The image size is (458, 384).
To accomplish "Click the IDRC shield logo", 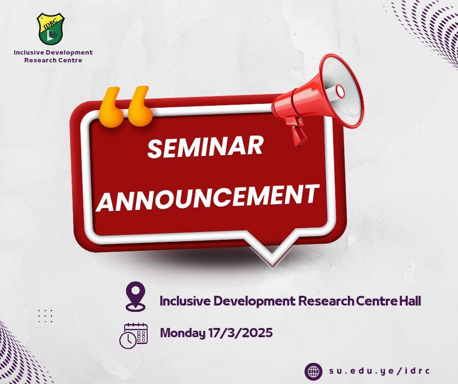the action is click(x=52, y=29).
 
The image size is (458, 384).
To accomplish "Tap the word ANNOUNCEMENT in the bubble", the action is click(x=208, y=197).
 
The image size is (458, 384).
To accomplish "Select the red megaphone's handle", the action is click(x=299, y=133).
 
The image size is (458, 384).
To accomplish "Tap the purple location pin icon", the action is click(x=135, y=296).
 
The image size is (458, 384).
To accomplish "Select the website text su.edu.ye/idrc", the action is click(x=380, y=371).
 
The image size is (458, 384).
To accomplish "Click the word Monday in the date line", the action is click(x=183, y=333).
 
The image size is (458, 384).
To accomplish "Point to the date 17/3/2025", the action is click(x=241, y=332).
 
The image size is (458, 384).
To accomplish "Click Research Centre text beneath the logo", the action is click(x=53, y=60).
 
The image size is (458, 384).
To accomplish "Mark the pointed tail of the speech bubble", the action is click(x=272, y=263).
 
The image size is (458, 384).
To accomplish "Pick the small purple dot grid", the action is click(x=45, y=316).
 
